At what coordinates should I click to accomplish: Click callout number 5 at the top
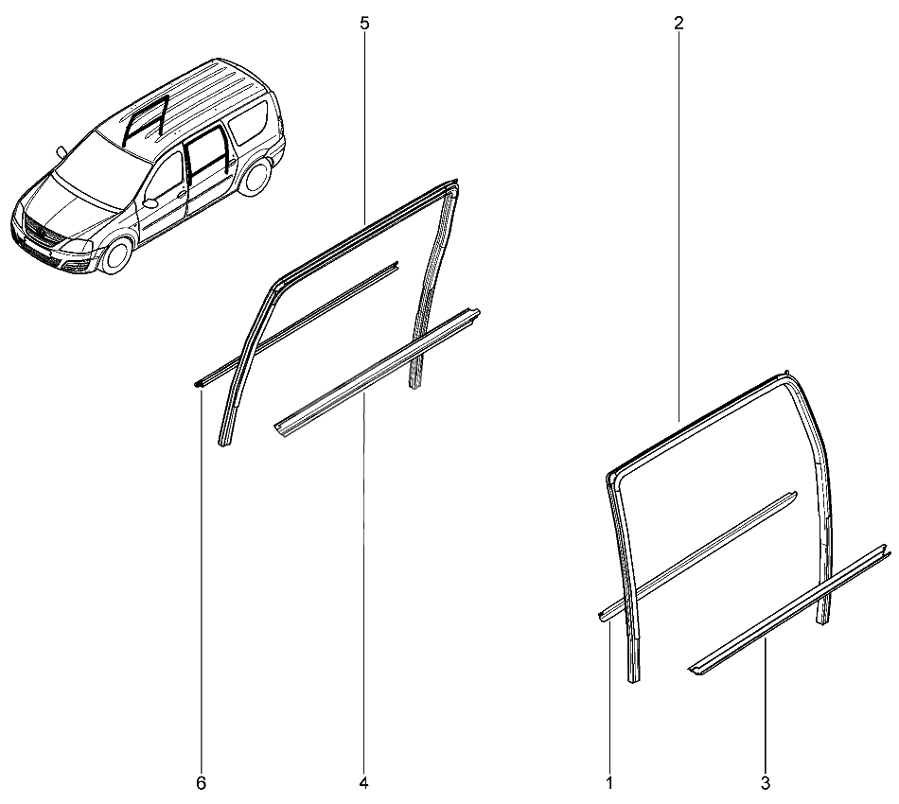coord(364,24)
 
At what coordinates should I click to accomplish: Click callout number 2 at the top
coord(679,24)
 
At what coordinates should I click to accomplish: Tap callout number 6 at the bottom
coord(201,783)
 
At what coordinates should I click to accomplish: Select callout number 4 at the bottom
coord(363,783)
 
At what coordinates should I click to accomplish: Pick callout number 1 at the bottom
coord(609,783)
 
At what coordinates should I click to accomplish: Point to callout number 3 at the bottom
coord(766,783)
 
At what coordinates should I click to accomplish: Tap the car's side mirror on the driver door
coord(150,203)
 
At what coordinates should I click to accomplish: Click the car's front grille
coord(42,234)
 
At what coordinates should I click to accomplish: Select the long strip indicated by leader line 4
coord(378,373)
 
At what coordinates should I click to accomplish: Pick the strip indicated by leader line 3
coord(789,610)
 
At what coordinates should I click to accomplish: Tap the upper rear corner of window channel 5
coord(454,184)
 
